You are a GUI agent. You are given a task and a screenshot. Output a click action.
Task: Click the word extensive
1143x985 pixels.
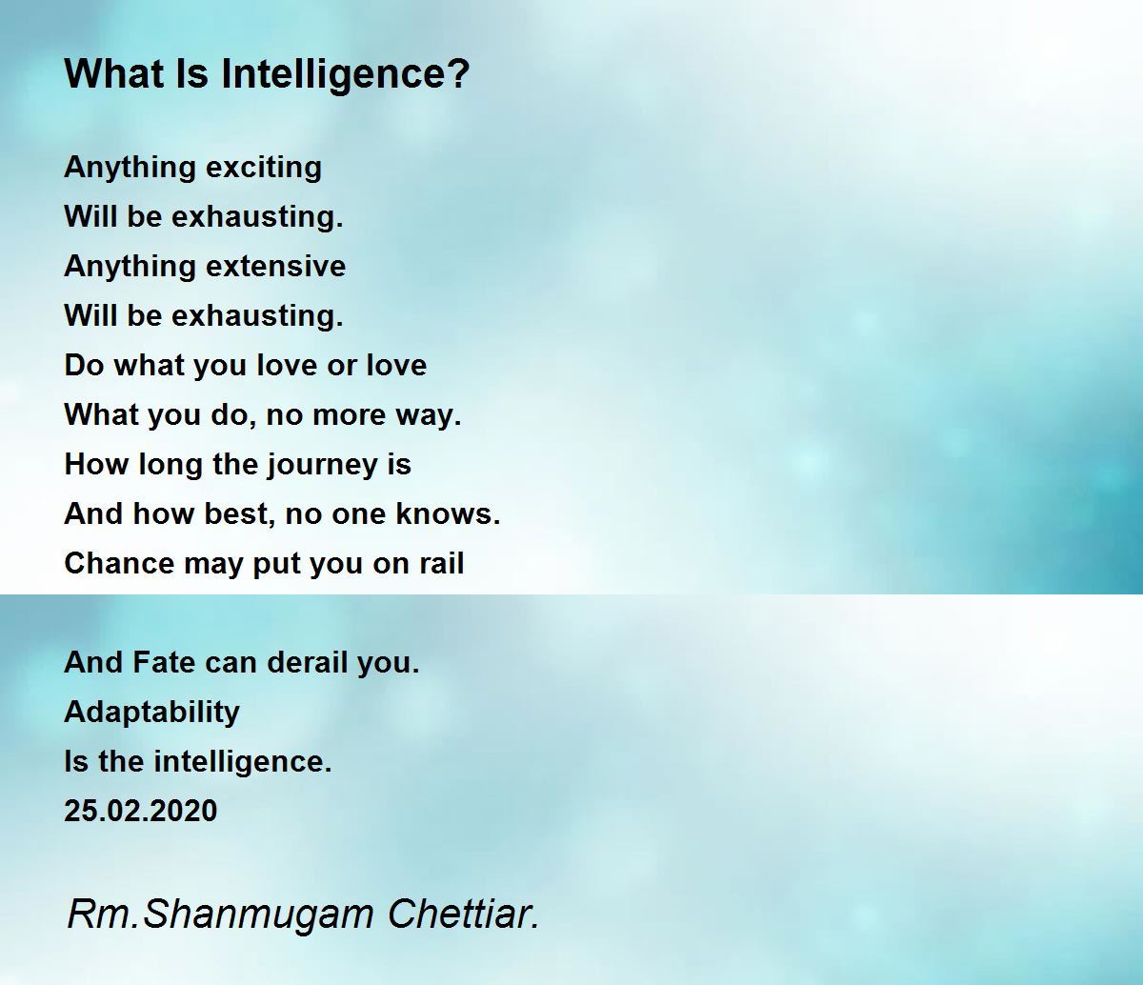click(275, 266)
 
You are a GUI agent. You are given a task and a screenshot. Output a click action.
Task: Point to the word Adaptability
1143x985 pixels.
click(152, 713)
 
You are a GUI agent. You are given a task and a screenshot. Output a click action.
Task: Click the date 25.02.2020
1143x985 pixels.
click(141, 811)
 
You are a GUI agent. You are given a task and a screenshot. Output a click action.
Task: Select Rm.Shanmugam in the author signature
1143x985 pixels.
click(220, 915)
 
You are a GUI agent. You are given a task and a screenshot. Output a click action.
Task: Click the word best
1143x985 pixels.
click(240, 513)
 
